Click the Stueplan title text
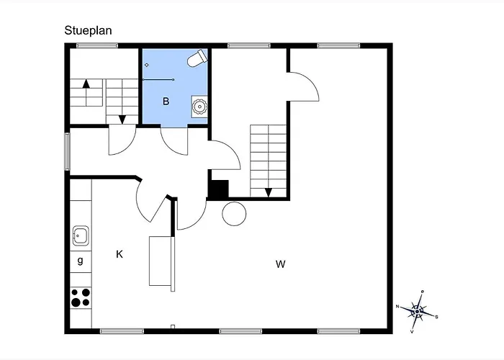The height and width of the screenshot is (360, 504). point(88,30)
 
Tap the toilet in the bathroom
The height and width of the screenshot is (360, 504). point(197,58)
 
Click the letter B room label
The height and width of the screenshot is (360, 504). point(166,102)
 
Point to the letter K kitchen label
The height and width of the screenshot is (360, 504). point(120,254)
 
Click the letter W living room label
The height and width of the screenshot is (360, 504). point(281,264)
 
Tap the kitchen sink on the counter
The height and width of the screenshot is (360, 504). point(81,235)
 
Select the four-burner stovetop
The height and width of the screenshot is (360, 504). point(81,297)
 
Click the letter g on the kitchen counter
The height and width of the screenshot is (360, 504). point(81,260)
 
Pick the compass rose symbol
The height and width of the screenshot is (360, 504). point(417,312)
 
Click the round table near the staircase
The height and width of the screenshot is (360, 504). point(234,214)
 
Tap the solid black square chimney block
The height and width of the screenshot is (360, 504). point(219,189)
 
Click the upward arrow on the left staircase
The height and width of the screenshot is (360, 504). point(86,93)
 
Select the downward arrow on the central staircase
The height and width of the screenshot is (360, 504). point(269,192)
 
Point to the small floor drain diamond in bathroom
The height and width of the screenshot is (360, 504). point(147,65)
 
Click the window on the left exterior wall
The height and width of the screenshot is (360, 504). point(67,151)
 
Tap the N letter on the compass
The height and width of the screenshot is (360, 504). point(397,306)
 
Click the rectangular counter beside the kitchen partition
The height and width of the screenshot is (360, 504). point(161,261)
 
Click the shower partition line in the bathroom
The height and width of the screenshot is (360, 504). point(158,79)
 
